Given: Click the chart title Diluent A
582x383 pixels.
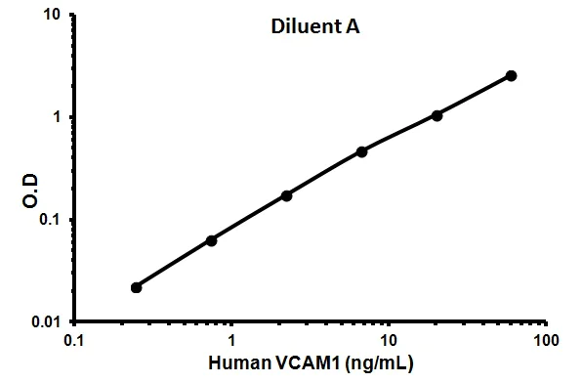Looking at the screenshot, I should (x=314, y=28).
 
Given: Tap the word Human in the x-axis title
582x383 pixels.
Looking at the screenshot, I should (x=240, y=363).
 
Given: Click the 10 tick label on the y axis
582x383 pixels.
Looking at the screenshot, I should (x=55, y=16).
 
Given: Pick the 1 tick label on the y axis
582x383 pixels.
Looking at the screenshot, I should (x=59, y=117).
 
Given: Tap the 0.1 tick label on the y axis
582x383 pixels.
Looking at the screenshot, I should (x=53, y=219).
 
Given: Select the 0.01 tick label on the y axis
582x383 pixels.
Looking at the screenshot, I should (x=49, y=321).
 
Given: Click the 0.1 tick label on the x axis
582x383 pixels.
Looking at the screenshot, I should (x=74, y=341).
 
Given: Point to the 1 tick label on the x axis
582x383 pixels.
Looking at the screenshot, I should (x=231, y=341).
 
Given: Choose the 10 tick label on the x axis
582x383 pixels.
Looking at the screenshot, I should (x=389, y=341).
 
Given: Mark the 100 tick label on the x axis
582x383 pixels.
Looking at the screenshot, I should (x=546, y=341).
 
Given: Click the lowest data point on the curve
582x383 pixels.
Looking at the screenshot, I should (x=136, y=287).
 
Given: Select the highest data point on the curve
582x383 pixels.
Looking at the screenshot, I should (x=512, y=75).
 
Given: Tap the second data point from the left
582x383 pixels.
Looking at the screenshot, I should (x=211, y=240).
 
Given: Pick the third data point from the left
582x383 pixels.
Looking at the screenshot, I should (x=286, y=195).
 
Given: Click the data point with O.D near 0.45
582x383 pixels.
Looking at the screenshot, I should (x=361, y=151).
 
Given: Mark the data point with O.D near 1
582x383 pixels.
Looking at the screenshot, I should (x=436, y=115).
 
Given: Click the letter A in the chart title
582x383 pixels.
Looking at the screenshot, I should (x=353, y=28).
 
